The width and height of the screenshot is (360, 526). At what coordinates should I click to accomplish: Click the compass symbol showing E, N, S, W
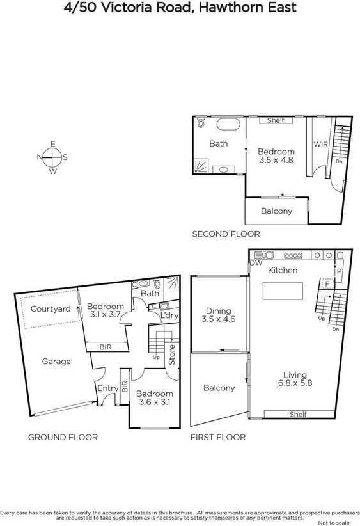[53, 157]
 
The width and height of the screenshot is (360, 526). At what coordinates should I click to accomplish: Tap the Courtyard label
[51, 309]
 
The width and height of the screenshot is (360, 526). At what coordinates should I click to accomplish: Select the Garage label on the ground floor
[56, 362]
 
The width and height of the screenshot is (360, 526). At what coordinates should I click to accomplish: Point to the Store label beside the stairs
[171, 355]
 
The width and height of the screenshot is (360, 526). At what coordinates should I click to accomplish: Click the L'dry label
[169, 315]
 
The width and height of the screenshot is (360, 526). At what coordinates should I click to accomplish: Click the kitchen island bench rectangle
[282, 291]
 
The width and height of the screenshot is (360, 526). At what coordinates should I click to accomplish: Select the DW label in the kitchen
[256, 263]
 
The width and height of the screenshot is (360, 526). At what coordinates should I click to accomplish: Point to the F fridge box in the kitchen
[327, 282]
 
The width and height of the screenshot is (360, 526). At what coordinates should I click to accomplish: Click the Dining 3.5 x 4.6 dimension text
[219, 319]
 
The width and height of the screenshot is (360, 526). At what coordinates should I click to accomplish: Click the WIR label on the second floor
[321, 145]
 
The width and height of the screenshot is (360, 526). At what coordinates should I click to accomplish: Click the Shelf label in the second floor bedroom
[276, 120]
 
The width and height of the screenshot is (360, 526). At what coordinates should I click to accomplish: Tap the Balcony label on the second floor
[276, 211]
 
